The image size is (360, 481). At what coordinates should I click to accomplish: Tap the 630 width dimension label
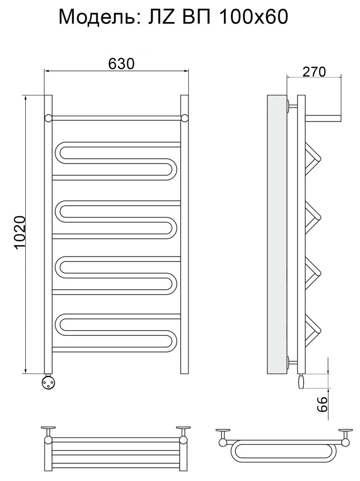[x=121, y=64]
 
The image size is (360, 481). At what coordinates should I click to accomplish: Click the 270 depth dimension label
[x=314, y=72]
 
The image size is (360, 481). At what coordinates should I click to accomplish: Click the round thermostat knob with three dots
[x=49, y=382]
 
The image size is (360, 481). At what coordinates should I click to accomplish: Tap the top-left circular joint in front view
[x=48, y=118]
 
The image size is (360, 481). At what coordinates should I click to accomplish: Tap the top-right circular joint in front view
[x=184, y=118]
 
